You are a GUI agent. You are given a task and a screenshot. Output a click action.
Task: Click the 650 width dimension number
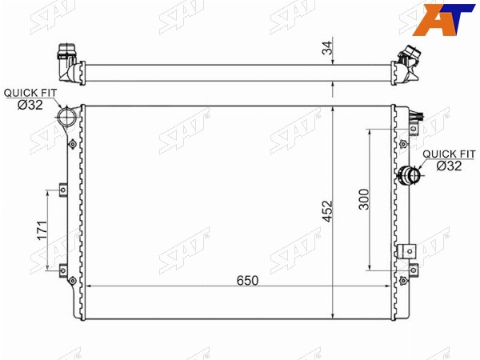(x=247, y=281)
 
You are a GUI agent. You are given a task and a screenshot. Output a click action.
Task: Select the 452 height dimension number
(x=327, y=211)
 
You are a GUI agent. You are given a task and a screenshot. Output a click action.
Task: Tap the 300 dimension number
(x=364, y=199)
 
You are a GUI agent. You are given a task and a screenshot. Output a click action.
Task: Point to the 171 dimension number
(x=42, y=230)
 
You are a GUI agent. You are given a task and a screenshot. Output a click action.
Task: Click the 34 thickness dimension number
(x=327, y=48)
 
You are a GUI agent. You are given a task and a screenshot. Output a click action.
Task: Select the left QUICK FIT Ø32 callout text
(x=30, y=99)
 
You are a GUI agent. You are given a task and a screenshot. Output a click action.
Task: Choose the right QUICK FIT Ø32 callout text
(x=449, y=160)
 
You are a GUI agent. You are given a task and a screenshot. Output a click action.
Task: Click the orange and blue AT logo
(x=443, y=19)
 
